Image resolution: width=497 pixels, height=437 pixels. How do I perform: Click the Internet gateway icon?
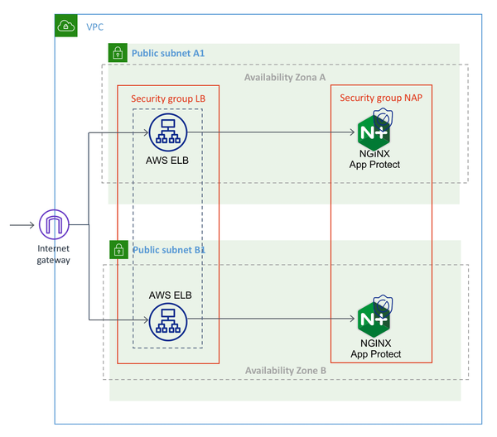53,224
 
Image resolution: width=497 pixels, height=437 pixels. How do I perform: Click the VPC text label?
94,26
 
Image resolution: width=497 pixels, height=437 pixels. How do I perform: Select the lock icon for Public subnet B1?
118,249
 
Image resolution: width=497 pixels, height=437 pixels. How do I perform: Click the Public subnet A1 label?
168,54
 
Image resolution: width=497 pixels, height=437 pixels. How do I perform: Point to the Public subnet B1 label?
168,249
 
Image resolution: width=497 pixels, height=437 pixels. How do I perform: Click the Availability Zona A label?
284,77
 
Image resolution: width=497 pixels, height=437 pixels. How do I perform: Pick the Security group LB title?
167,98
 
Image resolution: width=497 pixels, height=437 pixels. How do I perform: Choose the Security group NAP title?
380,98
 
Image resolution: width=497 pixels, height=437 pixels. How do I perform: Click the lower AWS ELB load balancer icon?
168,321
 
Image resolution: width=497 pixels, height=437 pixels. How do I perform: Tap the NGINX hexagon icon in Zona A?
374,133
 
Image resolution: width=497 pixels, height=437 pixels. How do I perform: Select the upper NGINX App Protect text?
374,159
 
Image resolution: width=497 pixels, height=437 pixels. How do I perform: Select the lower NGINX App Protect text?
375,348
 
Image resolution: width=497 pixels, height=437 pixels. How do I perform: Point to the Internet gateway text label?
54,254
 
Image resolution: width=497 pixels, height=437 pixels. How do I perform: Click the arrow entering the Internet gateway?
22,224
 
